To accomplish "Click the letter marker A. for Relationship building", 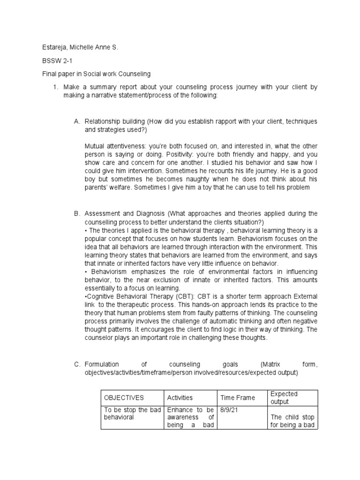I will coord(77,121).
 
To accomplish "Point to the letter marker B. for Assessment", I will coord(77,214).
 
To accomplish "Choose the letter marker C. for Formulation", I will coord(77,364).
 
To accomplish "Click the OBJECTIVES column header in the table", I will coord(124,397).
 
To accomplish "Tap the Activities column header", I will coord(180,397).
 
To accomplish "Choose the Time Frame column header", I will coord(238,397).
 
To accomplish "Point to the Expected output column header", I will coord(284,397).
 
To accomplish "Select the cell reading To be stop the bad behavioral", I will coord(132,413).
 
